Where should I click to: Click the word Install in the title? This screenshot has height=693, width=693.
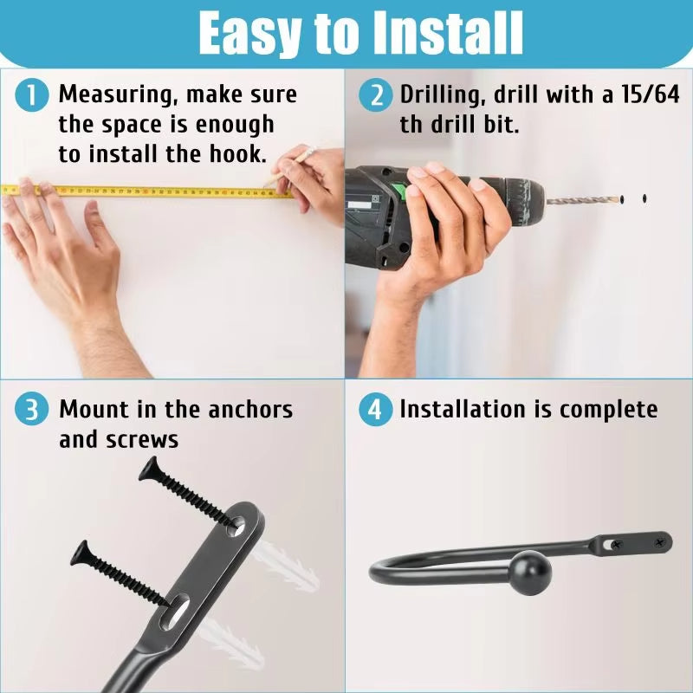[450, 33]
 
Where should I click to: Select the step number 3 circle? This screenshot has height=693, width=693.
[32, 410]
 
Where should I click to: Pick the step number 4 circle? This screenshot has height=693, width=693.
[375, 410]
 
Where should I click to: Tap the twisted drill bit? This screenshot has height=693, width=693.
[583, 200]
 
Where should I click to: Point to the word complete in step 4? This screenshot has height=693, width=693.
[608, 409]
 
